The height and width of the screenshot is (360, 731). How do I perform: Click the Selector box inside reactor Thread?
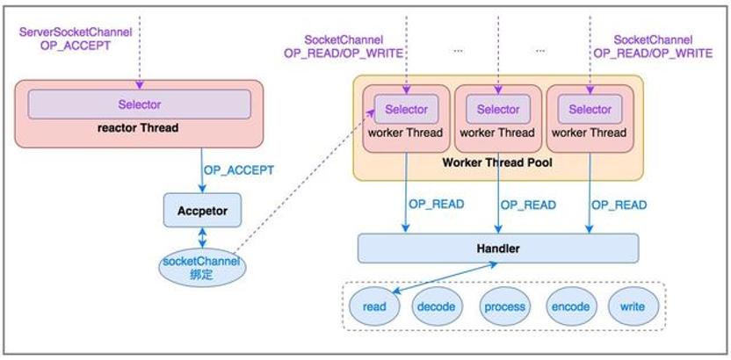[x=140, y=104]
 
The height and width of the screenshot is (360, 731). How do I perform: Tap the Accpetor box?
[x=202, y=211]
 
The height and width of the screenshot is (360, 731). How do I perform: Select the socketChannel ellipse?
[x=202, y=268]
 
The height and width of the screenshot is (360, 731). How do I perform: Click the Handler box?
[x=498, y=248]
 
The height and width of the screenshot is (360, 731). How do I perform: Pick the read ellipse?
[x=374, y=306]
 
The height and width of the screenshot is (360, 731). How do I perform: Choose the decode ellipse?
[x=437, y=306]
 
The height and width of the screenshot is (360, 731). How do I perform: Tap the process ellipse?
[x=505, y=306]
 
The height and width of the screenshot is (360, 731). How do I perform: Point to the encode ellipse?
[x=571, y=306]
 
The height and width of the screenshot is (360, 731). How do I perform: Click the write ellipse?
[x=633, y=306]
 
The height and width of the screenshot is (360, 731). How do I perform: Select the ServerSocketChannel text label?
[x=76, y=32]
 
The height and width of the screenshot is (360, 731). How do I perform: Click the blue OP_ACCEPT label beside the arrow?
[x=239, y=170]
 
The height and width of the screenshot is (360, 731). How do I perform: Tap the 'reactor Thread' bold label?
[x=138, y=127]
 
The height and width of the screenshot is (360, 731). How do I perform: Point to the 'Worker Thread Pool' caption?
[x=498, y=162]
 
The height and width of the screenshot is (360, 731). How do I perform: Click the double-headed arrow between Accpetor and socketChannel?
[x=202, y=238]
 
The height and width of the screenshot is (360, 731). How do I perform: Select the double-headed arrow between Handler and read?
[x=444, y=278]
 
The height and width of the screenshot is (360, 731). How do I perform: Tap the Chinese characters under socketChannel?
[x=202, y=274]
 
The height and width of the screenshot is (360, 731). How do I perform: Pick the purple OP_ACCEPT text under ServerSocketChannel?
[x=76, y=47]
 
